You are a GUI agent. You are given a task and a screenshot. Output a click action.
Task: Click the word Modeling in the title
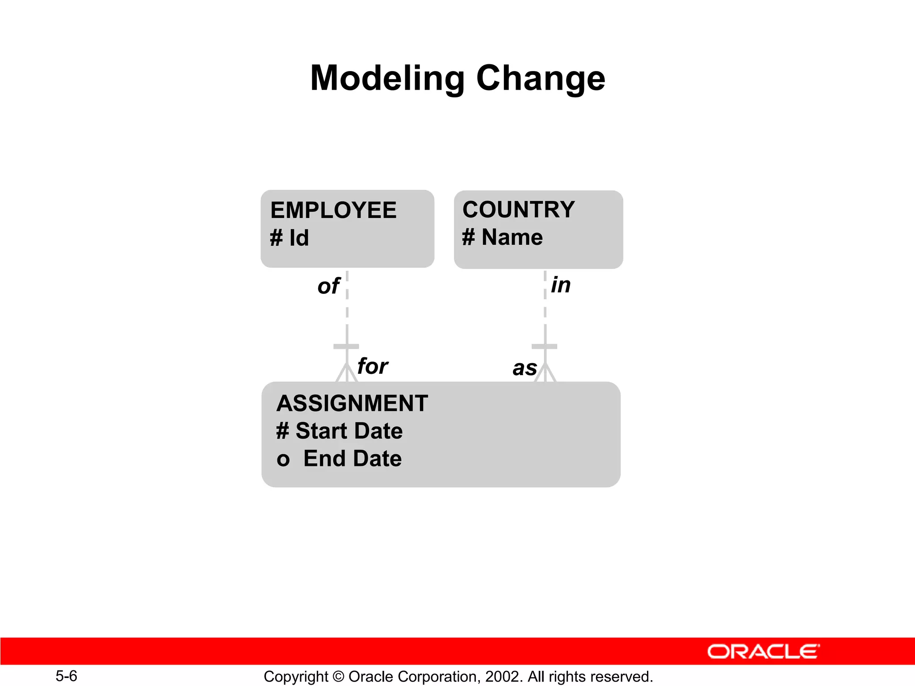387,79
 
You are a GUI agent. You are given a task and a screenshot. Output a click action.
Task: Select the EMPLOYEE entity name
333,210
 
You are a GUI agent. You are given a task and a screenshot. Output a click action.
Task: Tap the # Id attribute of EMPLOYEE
290,238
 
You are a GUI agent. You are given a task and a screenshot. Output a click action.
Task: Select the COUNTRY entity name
518,210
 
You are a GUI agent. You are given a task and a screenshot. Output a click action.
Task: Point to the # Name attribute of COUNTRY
502,237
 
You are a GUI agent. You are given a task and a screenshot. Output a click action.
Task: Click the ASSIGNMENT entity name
352,403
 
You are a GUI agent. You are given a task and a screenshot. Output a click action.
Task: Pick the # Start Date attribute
340,431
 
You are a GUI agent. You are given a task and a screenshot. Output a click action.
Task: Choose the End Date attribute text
352,459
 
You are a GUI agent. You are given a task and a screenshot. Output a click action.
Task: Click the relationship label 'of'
328,286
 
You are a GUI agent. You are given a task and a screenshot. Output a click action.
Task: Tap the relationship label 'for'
373,367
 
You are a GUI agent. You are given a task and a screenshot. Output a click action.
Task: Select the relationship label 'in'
561,285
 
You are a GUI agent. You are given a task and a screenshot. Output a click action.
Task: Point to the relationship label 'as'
525,368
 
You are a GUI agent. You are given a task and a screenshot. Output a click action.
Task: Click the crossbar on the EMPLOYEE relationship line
346,347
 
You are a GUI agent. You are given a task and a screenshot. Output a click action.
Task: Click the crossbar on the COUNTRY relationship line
545,347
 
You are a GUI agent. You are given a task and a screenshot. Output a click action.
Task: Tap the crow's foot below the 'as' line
545,374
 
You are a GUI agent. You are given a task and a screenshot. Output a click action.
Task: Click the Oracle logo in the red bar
763,652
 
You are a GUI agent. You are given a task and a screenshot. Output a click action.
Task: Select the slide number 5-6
66,676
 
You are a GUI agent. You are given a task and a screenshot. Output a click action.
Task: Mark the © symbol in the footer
338,677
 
